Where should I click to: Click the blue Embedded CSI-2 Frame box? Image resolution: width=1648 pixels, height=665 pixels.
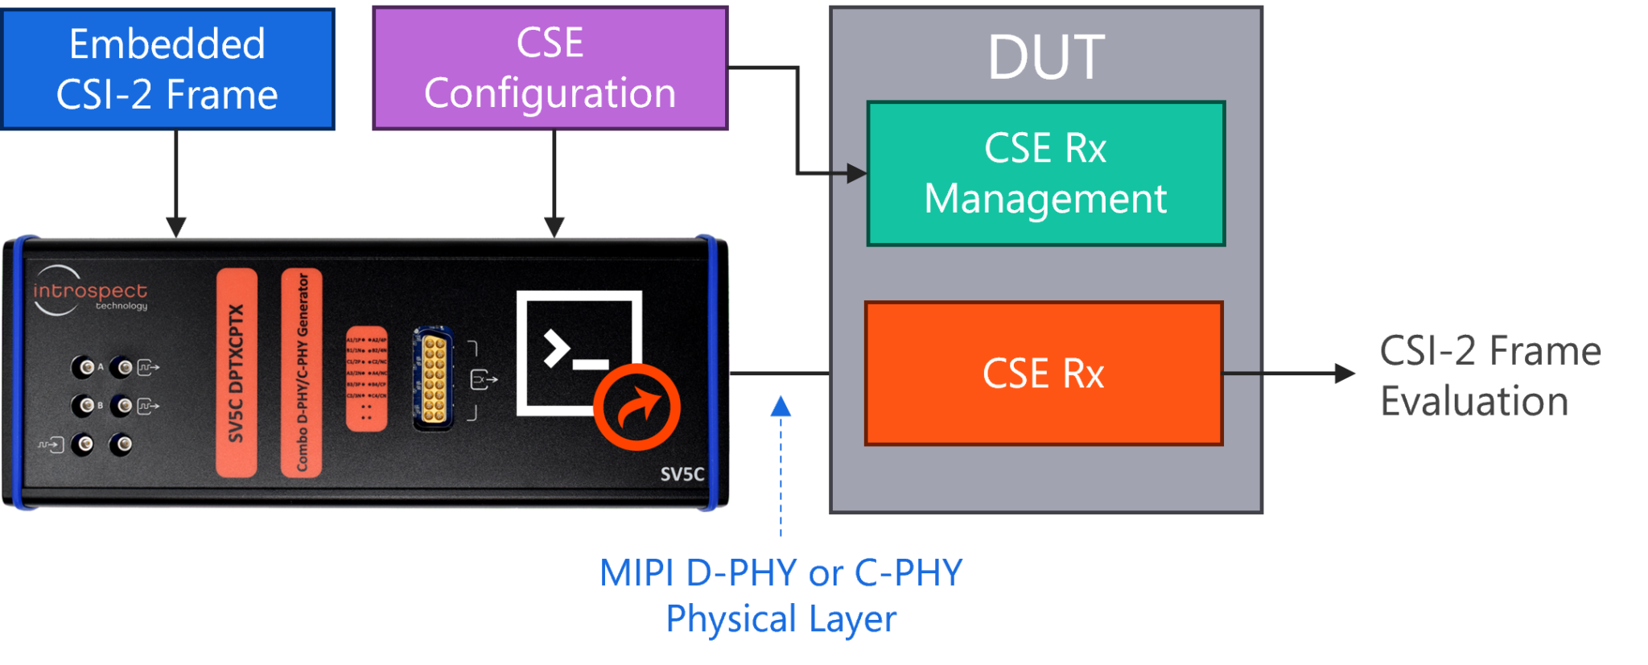(167, 69)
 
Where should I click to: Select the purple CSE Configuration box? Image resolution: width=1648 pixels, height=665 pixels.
(550, 68)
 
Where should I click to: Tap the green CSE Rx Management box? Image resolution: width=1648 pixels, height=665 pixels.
(1045, 173)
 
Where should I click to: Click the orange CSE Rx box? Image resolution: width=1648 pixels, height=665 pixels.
(1044, 374)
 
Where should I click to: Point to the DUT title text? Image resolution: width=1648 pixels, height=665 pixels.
(1046, 58)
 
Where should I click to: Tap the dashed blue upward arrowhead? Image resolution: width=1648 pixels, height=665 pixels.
(781, 405)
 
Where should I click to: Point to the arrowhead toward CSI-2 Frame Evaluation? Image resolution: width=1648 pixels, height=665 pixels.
(1345, 373)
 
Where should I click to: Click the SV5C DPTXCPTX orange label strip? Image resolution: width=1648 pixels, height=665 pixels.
(237, 373)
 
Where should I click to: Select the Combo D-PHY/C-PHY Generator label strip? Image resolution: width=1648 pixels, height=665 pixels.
(302, 373)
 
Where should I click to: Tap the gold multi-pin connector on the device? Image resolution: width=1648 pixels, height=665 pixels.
(434, 378)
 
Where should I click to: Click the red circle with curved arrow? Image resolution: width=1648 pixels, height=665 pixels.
(637, 407)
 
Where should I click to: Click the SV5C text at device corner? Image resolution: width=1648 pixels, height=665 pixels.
(682, 474)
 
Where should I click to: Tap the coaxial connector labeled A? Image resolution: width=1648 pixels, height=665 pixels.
(84, 367)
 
